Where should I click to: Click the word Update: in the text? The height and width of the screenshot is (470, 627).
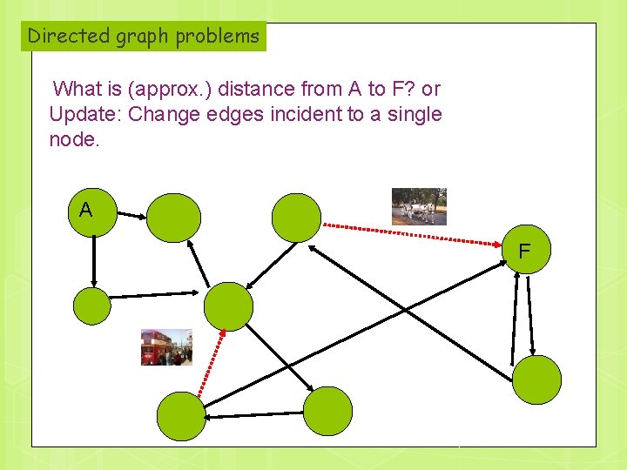[85, 114]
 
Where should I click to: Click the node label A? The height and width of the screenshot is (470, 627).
[85, 210]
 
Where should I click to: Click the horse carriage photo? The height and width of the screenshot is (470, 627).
[419, 206]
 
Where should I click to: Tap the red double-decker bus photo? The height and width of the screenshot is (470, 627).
[166, 347]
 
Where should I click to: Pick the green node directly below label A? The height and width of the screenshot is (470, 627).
[91, 306]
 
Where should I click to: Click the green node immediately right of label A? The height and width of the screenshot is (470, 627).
[173, 218]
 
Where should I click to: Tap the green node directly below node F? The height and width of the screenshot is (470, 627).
[536, 380]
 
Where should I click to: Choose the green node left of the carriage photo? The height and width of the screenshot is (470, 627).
[296, 218]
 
